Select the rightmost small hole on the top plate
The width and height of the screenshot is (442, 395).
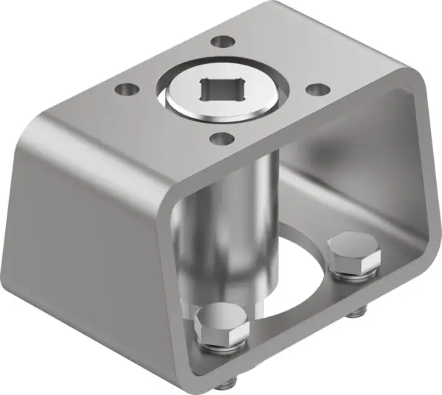point(317,89)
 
